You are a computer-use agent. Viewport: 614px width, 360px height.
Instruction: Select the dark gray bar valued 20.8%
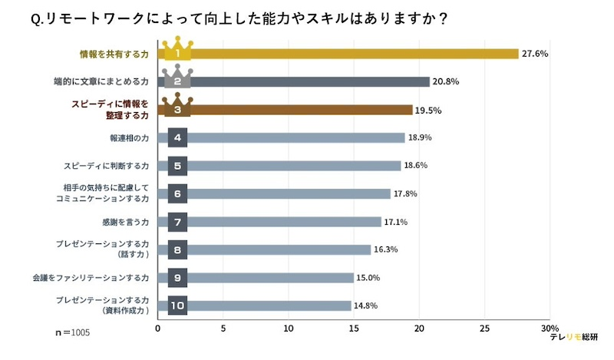(307, 82)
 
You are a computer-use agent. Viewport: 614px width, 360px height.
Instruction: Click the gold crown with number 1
(177, 51)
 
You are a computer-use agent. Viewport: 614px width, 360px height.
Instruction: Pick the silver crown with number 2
(177, 79)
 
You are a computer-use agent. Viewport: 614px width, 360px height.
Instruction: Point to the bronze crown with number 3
(177, 107)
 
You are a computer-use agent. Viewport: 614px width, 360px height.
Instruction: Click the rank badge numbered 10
(177, 306)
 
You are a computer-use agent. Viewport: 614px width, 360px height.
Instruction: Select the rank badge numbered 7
(177, 222)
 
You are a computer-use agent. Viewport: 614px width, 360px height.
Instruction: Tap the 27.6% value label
(535, 54)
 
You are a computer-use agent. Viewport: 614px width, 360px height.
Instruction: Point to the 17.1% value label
(396, 222)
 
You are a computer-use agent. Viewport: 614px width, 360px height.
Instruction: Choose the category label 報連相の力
(128, 138)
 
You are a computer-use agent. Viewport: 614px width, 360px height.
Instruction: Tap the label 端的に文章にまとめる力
(107, 82)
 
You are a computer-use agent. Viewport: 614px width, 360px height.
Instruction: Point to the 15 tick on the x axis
(354, 328)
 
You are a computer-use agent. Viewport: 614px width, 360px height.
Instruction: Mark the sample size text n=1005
(73, 334)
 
